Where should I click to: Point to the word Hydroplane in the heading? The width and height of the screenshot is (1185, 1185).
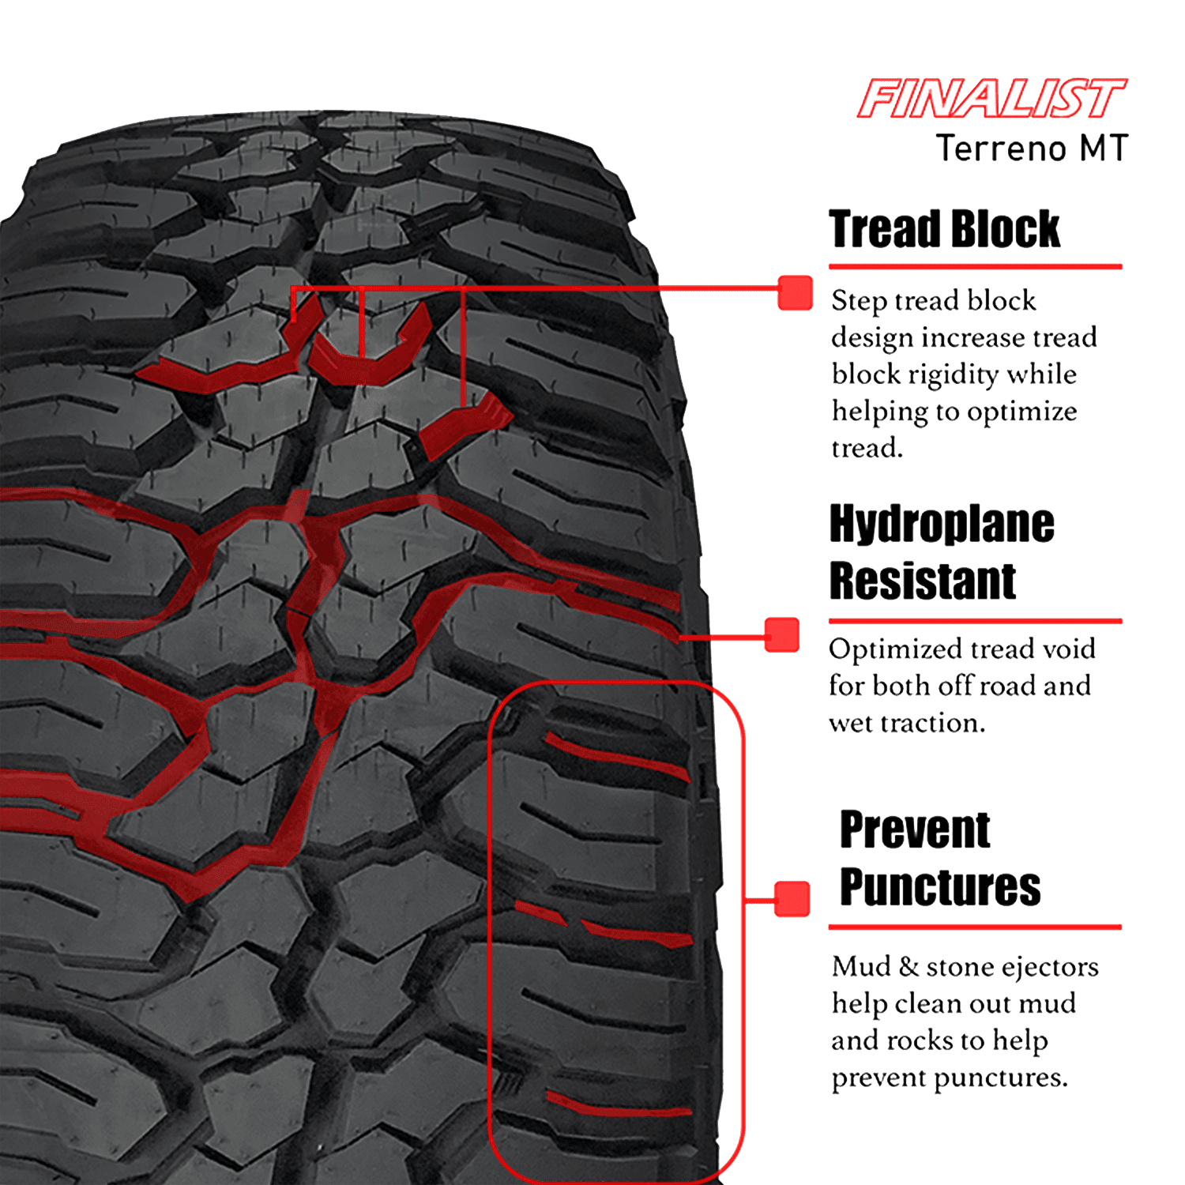coord(942,524)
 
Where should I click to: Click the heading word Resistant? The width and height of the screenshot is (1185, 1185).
coord(922,581)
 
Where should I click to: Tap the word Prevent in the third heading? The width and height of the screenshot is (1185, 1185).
coord(915,829)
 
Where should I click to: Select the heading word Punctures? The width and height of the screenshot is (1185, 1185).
coord(940,886)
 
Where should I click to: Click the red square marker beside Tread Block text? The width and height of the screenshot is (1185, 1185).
coord(795,292)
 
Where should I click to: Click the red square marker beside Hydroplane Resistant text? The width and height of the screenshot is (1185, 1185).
coord(782,634)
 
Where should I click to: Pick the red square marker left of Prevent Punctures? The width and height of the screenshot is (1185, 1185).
coord(792,898)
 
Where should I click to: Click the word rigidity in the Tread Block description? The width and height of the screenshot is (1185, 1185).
coord(952,374)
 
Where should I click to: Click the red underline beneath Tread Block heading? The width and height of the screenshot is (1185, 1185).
coord(975,267)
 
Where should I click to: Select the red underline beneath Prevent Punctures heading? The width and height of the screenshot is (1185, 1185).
coord(975,927)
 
